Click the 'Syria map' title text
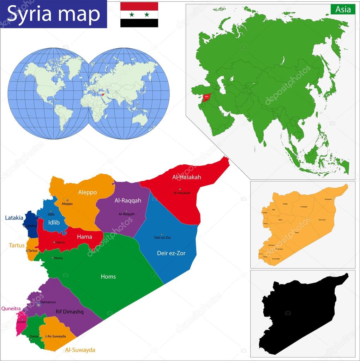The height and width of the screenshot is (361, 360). point(54,14)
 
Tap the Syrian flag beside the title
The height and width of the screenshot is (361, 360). point(139,14)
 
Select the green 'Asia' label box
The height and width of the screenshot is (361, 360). point(343,9)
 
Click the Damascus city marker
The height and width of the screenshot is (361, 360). point(39,305)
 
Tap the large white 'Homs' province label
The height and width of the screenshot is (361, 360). point(108,277)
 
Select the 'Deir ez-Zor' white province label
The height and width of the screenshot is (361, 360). point(171,253)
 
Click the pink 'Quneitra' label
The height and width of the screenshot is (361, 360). point(11,308)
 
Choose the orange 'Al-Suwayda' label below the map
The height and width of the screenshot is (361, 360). point(80,350)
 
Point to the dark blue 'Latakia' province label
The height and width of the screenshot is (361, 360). point(14,218)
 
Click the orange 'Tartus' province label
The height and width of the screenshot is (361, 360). point(17,245)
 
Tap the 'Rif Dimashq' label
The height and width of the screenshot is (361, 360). point(69,312)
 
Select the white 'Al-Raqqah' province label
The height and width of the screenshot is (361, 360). point(128,200)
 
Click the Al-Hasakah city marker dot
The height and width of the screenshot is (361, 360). point(180,189)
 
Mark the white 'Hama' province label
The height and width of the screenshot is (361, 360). point(84,237)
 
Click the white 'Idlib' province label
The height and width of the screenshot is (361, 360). point(54,222)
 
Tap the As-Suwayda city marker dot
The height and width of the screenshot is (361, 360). point(46,336)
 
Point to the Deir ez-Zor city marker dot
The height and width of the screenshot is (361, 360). point(162,234)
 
